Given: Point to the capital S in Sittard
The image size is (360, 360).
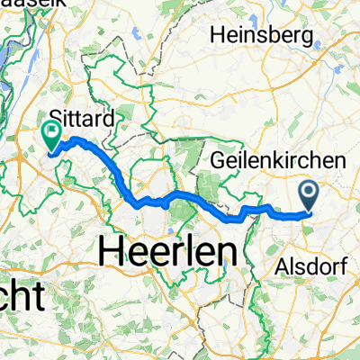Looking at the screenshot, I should [x=58, y=116].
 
